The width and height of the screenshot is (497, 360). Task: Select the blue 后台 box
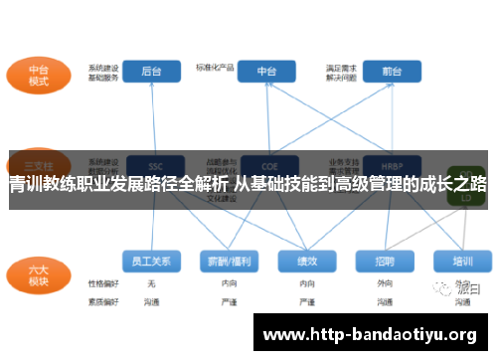click(x=152, y=71)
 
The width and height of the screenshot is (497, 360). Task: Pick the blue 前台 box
click(x=378, y=71)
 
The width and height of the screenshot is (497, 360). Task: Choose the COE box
click(x=267, y=164)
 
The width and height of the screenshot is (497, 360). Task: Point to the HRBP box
click(x=378, y=164)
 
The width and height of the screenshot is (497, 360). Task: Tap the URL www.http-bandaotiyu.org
click(x=370, y=332)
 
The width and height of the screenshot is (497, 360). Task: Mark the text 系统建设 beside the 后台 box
click(x=103, y=68)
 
